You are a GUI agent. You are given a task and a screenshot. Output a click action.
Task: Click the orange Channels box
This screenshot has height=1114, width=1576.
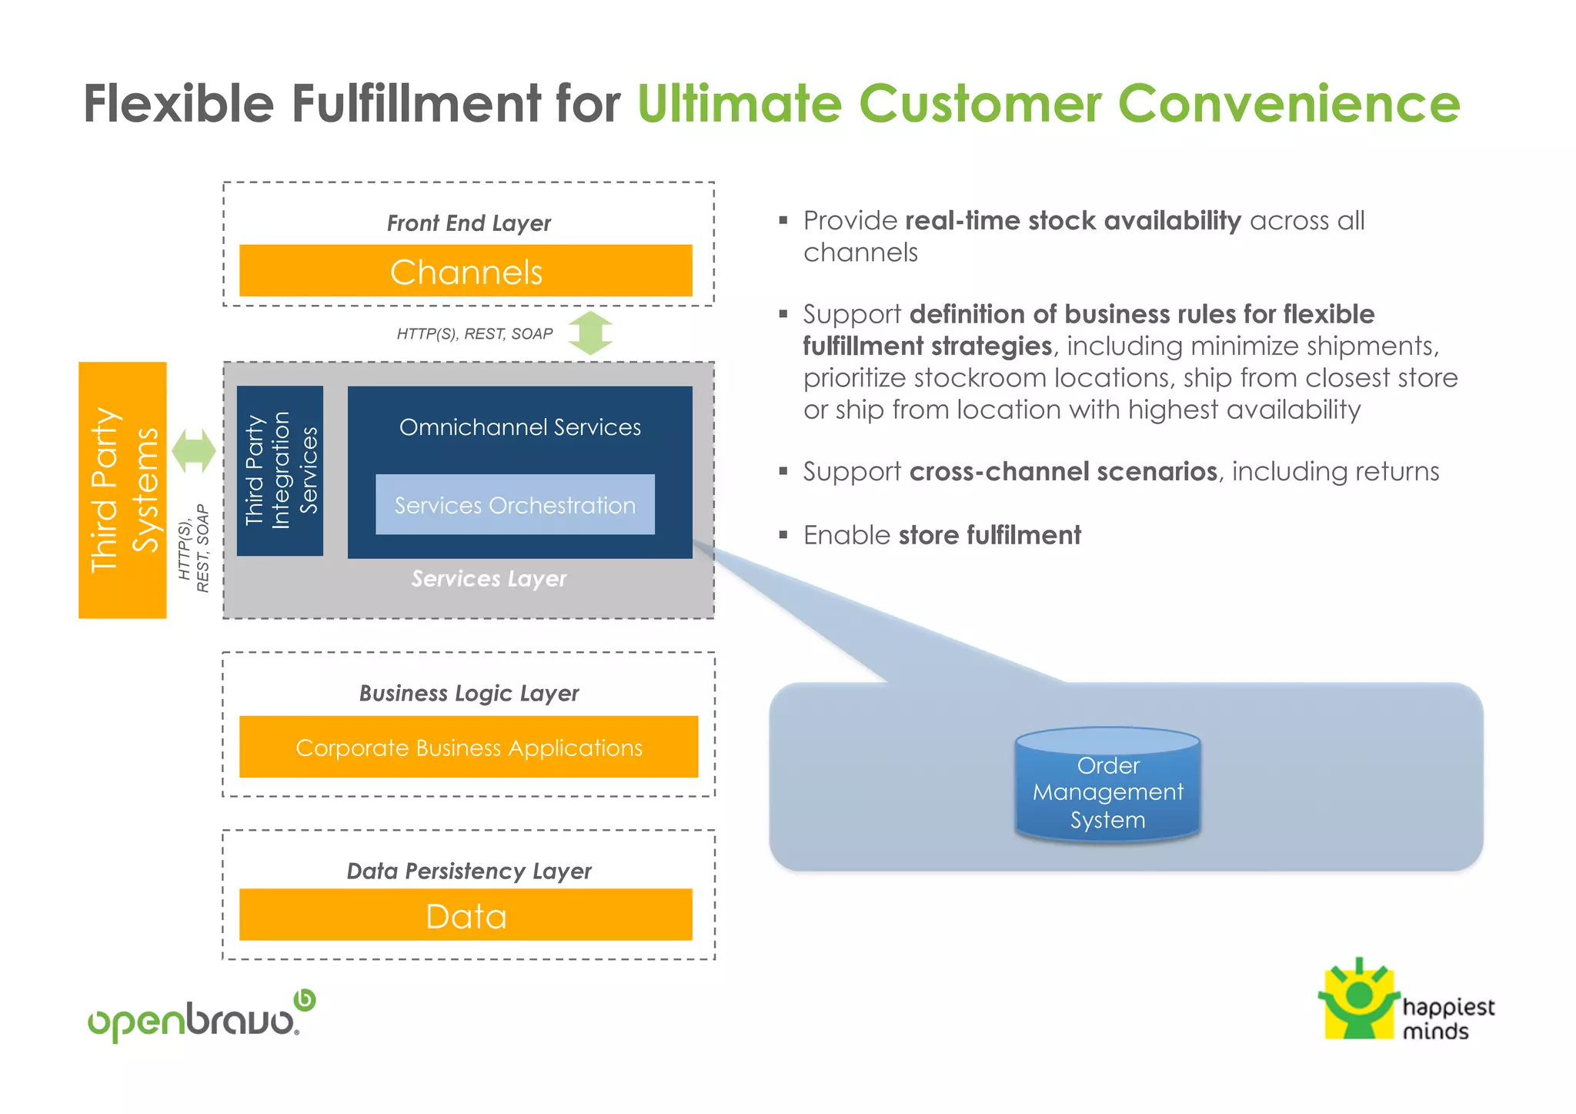click(466, 271)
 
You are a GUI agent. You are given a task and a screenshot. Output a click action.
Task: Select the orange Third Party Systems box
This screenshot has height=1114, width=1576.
click(122, 490)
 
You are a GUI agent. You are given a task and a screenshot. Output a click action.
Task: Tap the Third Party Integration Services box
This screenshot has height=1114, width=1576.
click(280, 470)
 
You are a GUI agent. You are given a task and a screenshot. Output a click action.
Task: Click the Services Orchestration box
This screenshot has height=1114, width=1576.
click(515, 505)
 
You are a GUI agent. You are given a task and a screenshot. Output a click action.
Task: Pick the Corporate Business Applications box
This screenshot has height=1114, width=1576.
click(469, 748)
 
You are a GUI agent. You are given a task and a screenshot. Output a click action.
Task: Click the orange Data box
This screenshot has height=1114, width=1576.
click(466, 915)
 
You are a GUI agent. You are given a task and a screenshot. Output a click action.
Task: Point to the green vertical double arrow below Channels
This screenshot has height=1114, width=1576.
click(590, 333)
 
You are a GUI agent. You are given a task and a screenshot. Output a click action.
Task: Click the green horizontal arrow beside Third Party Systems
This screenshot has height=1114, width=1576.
click(194, 450)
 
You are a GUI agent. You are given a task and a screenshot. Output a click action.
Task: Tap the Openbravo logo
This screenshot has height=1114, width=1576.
click(201, 1018)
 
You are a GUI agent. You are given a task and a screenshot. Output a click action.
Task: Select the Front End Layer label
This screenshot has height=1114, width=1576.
click(469, 223)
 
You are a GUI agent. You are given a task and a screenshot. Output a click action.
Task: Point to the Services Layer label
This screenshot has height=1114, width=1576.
click(489, 578)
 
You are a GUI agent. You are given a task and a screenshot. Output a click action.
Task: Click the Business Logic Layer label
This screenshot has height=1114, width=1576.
click(469, 693)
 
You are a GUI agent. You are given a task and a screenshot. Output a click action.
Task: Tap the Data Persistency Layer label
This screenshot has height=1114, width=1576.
click(469, 871)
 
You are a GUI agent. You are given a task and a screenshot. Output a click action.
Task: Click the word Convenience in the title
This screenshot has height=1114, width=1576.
click(1288, 104)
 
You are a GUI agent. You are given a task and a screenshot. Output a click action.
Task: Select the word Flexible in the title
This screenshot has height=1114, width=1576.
click(179, 104)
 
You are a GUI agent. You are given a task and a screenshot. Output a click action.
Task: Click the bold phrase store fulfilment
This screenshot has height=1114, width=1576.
click(990, 535)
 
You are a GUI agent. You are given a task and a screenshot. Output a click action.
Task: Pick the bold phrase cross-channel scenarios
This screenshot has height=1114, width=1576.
click(1063, 471)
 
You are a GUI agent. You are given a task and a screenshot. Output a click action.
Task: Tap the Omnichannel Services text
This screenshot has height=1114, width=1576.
click(519, 427)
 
